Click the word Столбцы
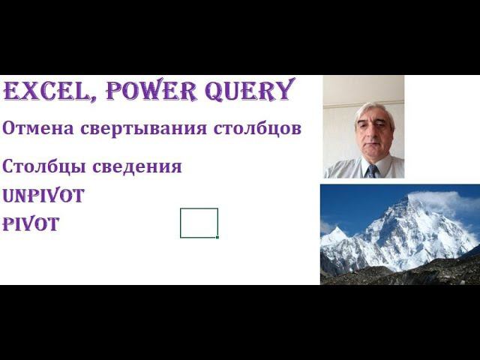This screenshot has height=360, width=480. pos(39,166)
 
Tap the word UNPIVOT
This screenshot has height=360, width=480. pos(43,196)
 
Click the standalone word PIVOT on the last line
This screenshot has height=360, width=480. pos(31,224)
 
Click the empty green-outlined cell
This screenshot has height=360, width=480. pos(199,223)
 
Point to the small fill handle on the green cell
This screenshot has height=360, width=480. pos(217,237)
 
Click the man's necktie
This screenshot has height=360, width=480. pos(373,171)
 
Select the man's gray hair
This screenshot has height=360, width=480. pos(374,111)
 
